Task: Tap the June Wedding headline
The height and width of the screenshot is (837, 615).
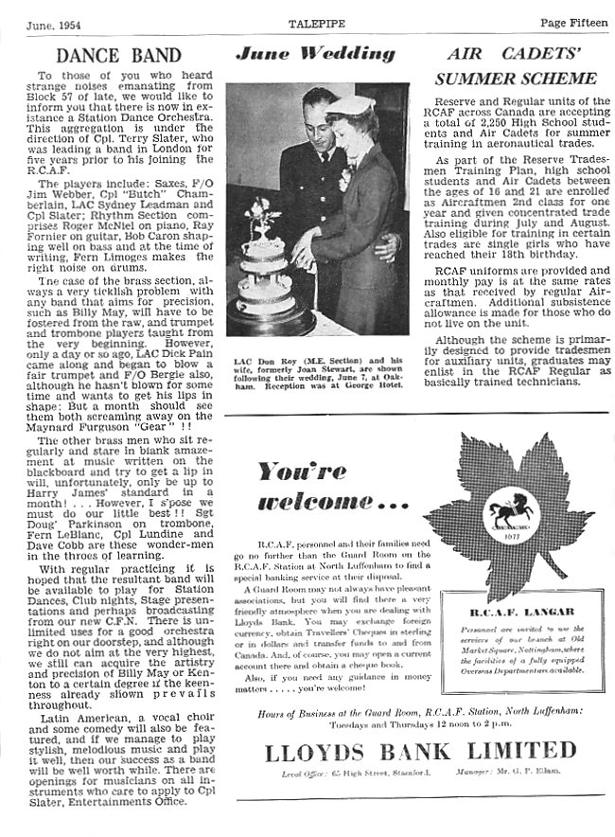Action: pos(316,54)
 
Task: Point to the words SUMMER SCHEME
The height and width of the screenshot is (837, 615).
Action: pos(522,79)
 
